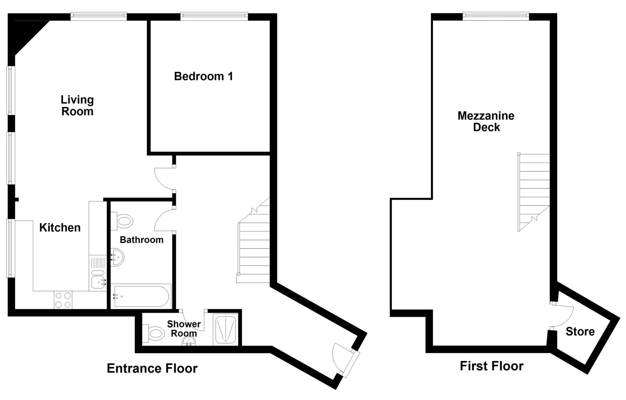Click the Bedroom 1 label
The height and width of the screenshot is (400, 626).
click(203, 76)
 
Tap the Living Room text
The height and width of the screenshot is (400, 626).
click(77, 105)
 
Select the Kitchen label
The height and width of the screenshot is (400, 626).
click(60, 227)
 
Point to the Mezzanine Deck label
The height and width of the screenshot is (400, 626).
click(486, 121)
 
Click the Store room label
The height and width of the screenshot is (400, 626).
click(580, 331)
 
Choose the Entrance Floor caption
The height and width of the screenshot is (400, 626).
click(152, 368)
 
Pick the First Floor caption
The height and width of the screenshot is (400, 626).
click(492, 366)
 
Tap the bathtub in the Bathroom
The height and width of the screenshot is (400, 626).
click(141, 296)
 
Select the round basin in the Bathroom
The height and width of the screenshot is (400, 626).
click(117, 257)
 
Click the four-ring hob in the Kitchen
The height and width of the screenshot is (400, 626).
click(63, 300)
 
